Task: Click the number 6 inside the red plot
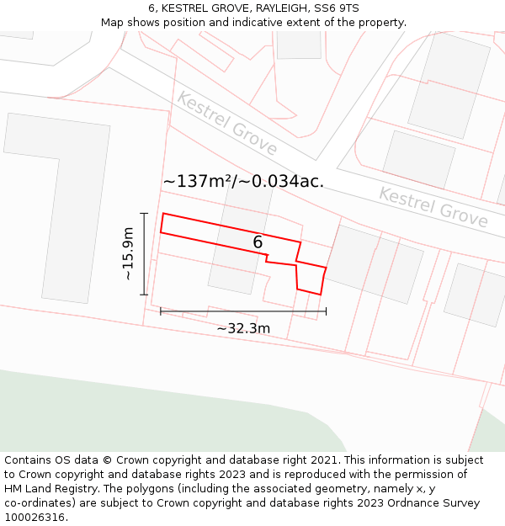point(258,242)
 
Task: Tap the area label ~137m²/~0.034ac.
point(243,181)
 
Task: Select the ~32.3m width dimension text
point(243,328)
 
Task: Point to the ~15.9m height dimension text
point(128,253)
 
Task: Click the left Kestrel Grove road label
point(226,123)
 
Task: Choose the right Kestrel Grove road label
point(433,207)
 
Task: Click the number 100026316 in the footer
point(35,518)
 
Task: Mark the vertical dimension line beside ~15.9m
point(145,253)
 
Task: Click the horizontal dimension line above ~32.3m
point(243,311)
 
